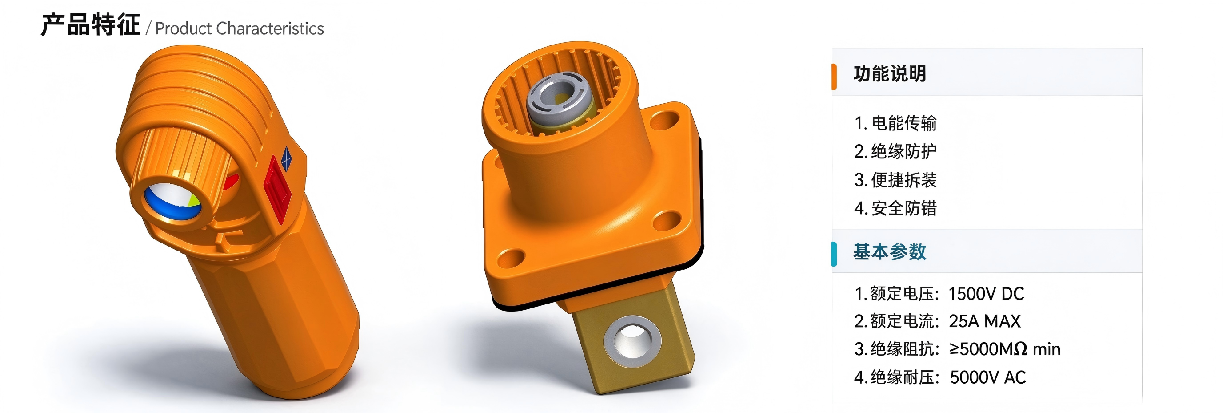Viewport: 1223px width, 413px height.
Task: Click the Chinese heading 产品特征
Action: click(x=91, y=25)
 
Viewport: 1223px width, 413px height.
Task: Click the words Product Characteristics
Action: click(x=239, y=28)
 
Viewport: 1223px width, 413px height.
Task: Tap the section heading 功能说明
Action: click(x=890, y=74)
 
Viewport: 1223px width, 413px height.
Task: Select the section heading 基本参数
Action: click(x=890, y=252)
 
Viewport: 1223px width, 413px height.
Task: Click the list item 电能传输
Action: click(x=904, y=123)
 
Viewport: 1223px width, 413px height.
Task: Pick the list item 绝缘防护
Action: click(x=904, y=152)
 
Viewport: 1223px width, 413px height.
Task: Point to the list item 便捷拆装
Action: click(x=904, y=180)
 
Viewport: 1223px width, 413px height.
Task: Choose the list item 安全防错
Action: click(x=904, y=208)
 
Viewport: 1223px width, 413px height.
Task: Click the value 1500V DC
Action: click(x=986, y=294)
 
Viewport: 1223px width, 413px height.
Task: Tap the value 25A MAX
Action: click(x=985, y=321)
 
